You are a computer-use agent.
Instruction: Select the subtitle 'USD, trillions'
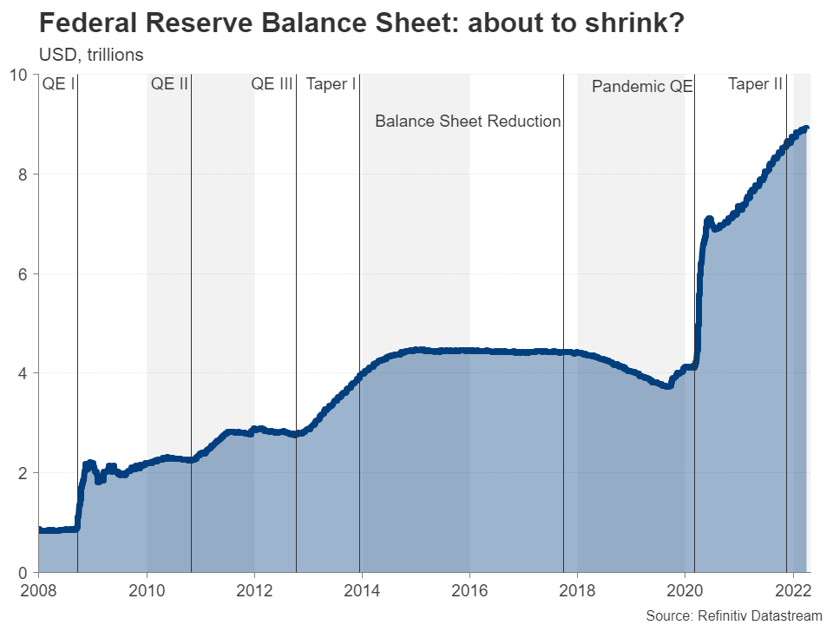[91, 54]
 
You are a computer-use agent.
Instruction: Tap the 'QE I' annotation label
[59, 84]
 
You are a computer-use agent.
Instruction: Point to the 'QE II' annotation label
[169, 84]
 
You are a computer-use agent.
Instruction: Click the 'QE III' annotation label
[272, 84]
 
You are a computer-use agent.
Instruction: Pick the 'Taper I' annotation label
[331, 84]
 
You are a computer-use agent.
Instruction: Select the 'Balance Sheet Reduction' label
[468, 122]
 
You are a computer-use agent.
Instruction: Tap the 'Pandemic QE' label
[642, 87]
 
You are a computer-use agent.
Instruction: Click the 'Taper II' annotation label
[755, 84]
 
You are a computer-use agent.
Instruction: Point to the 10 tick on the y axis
[20, 75]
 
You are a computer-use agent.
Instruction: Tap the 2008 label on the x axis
[38, 591]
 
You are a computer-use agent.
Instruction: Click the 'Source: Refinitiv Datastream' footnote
[733, 615]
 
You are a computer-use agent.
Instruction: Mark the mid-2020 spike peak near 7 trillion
[709, 220]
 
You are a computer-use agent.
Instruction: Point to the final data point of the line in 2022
[806, 128]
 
